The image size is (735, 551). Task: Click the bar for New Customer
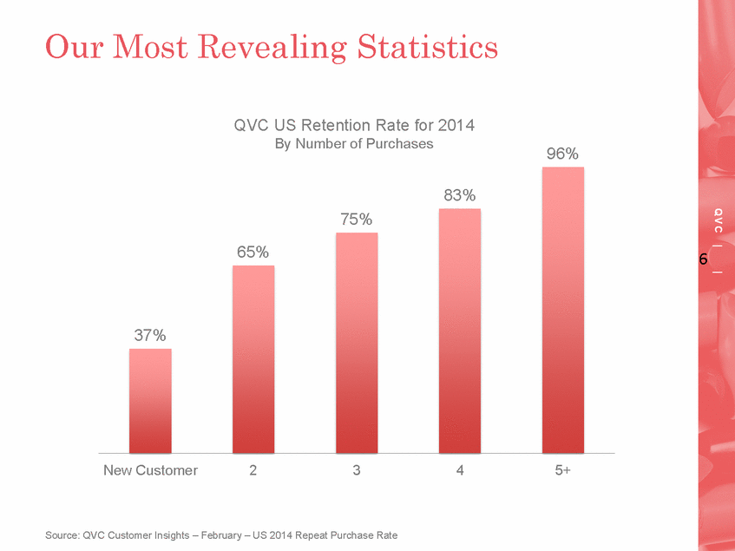[x=150, y=401]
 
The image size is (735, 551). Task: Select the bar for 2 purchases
[x=253, y=359]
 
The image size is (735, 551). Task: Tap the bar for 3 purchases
[x=357, y=343]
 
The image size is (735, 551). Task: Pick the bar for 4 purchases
[x=460, y=331]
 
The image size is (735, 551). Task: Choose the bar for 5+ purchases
[x=563, y=310]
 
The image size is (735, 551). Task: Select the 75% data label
[x=357, y=220]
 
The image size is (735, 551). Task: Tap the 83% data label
[x=460, y=196]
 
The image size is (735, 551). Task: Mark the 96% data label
[x=562, y=154]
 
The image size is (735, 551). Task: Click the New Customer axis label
[x=150, y=470]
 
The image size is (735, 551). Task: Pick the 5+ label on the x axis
[x=563, y=470]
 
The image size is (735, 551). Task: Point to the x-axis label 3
[x=357, y=470]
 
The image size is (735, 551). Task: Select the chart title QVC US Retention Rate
[x=354, y=126]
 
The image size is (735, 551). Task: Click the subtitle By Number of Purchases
[x=354, y=144]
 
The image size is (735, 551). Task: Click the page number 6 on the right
[x=703, y=259]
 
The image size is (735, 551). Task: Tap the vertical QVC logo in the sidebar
[x=719, y=220]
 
